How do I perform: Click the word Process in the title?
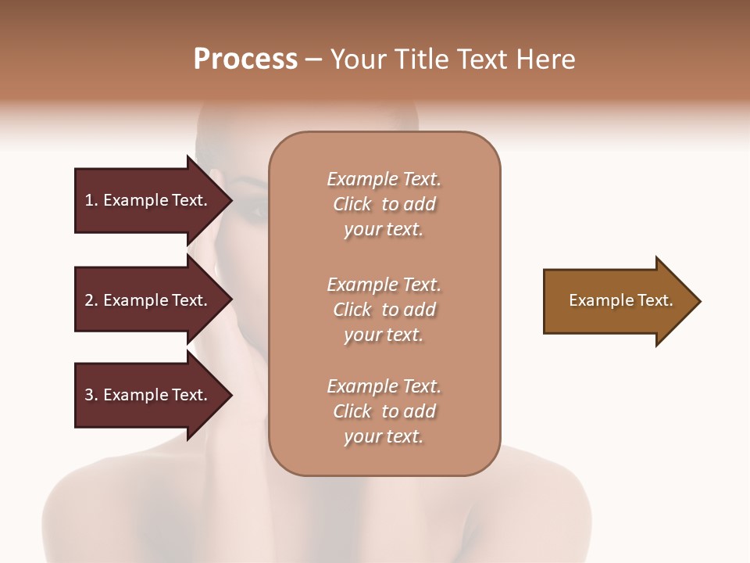(x=245, y=59)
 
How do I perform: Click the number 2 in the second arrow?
(x=89, y=300)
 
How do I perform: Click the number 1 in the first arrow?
(x=89, y=200)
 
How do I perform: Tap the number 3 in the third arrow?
(x=89, y=395)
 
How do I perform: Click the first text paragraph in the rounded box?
(x=384, y=204)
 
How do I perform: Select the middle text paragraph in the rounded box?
(x=384, y=310)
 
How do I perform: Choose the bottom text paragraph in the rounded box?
(x=384, y=411)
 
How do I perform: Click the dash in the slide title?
(x=313, y=59)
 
